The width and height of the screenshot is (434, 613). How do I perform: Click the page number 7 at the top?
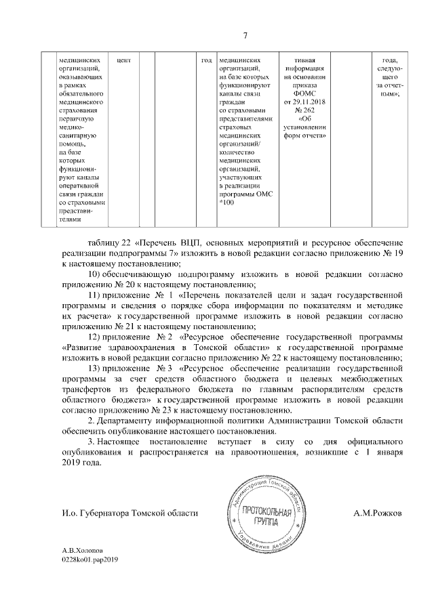click(x=245, y=36)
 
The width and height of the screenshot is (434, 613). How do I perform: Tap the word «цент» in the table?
click(x=123, y=59)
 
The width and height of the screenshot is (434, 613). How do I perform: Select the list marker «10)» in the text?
click(x=96, y=273)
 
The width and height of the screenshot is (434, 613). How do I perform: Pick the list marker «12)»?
click(x=96, y=336)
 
